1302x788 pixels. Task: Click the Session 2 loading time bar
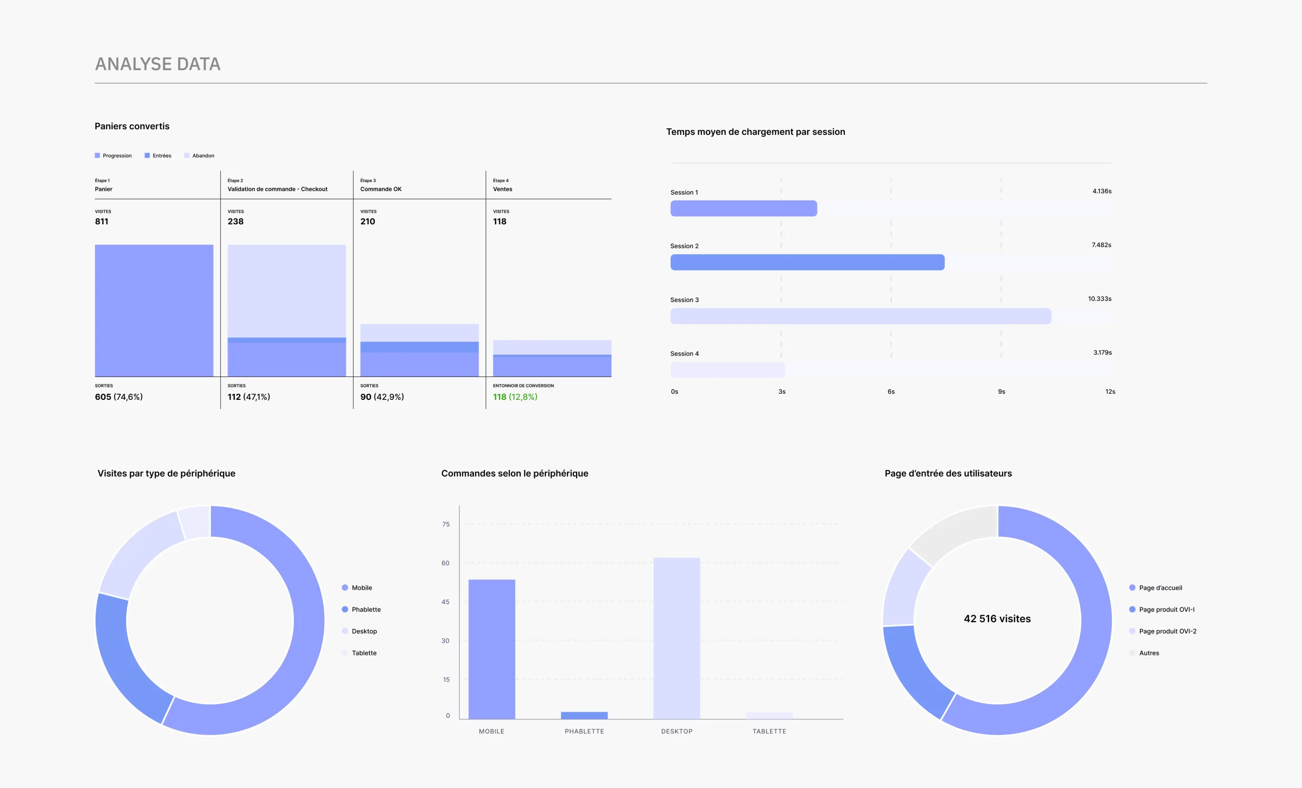(807, 262)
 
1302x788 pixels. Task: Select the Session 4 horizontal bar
(727, 369)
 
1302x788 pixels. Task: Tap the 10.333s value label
(1099, 299)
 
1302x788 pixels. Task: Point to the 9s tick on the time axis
(1001, 392)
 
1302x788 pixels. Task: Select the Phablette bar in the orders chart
(584, 715)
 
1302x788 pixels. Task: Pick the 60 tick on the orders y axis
(446, 563)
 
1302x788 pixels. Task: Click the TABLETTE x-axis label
(769, 731)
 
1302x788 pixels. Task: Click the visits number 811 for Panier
(101, 221)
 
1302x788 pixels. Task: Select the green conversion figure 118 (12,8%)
(515, 397)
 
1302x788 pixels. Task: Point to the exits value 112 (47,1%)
(248, 397)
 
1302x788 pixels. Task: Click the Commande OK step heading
(380, 189)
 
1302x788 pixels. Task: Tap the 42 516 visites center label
(996, 619)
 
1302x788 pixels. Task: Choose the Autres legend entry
(1148, 653)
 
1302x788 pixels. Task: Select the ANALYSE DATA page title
(158, 64)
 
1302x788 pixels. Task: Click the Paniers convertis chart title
(132, 126)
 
